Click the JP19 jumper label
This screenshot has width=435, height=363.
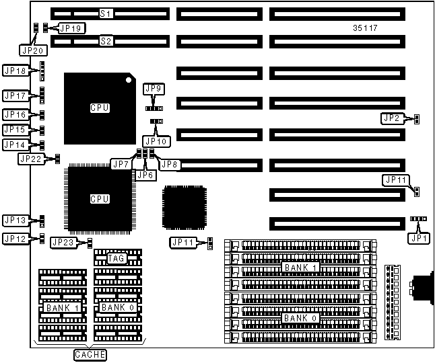click(x=71, y=28)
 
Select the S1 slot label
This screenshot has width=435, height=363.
click(x=105, y=13)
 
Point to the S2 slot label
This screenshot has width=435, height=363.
click(x=105, y=41)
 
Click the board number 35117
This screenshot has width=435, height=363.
click(x=365, y=29)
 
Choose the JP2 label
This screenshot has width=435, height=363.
click(x=392, y=118)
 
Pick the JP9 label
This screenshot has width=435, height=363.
click(x=154, y=89)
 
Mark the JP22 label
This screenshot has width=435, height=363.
click(x=30, y=159)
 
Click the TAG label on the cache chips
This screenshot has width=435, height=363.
click(x=117, y=258)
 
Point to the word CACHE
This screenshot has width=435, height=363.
click(x=90, y=354)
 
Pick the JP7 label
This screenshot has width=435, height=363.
click(x=122, y=164)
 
